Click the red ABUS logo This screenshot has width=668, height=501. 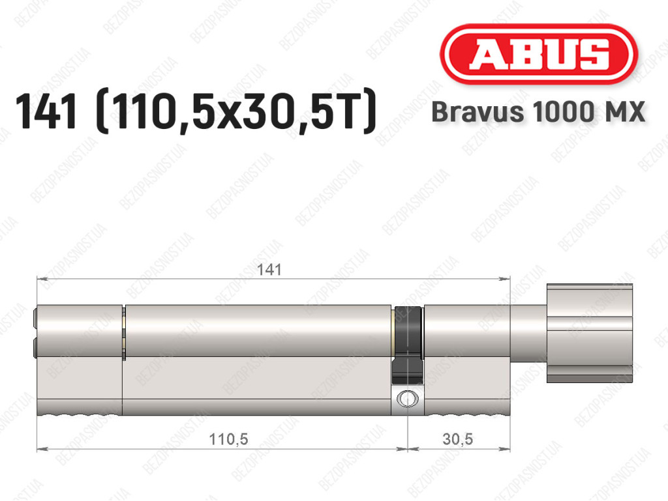coord(538,54)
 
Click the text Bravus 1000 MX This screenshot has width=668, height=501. coord(538,112)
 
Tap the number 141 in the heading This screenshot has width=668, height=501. coord(46,111)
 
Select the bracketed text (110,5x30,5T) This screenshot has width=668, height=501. coord(237,112)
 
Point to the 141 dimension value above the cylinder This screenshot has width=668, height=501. coord(269,270)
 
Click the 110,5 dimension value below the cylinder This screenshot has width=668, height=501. coord(228,438)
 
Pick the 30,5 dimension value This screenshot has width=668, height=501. coord(457,438)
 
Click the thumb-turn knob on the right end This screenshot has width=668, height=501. coord(590,333)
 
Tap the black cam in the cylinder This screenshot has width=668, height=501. coord(408,345)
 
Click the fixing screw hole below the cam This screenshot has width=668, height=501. coord(408,399)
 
